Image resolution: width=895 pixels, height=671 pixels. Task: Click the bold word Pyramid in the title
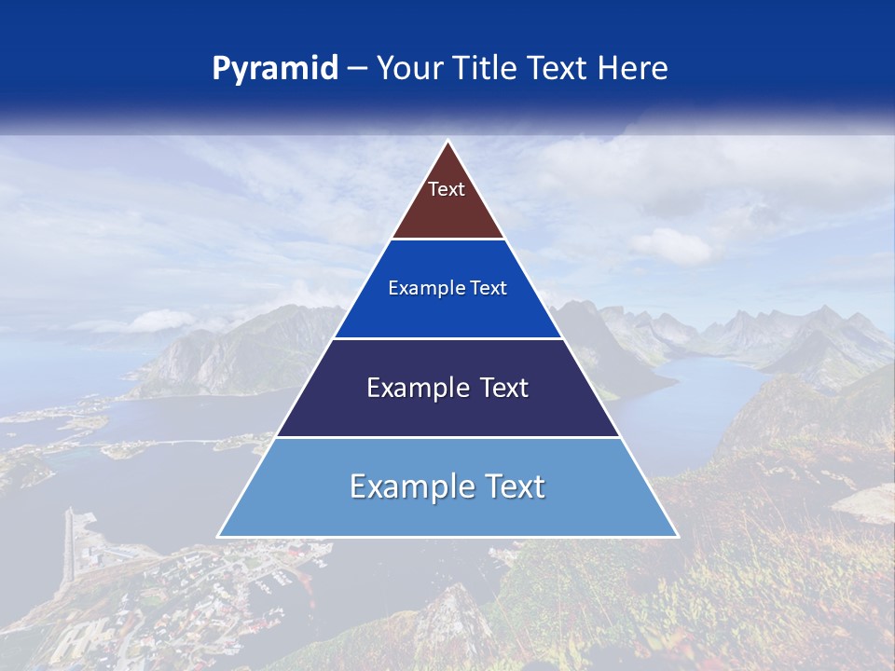coord(274,69)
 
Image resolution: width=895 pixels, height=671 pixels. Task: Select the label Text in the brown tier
coord(447,189)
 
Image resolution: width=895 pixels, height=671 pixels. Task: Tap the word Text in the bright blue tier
coord(489,288)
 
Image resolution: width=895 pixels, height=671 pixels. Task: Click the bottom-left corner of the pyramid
coord(219,536)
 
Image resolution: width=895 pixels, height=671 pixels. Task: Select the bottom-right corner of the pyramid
coord(677,536)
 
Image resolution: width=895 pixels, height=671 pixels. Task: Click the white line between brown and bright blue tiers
coord(447,239)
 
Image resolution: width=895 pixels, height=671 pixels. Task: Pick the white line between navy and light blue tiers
coord(447,437)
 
